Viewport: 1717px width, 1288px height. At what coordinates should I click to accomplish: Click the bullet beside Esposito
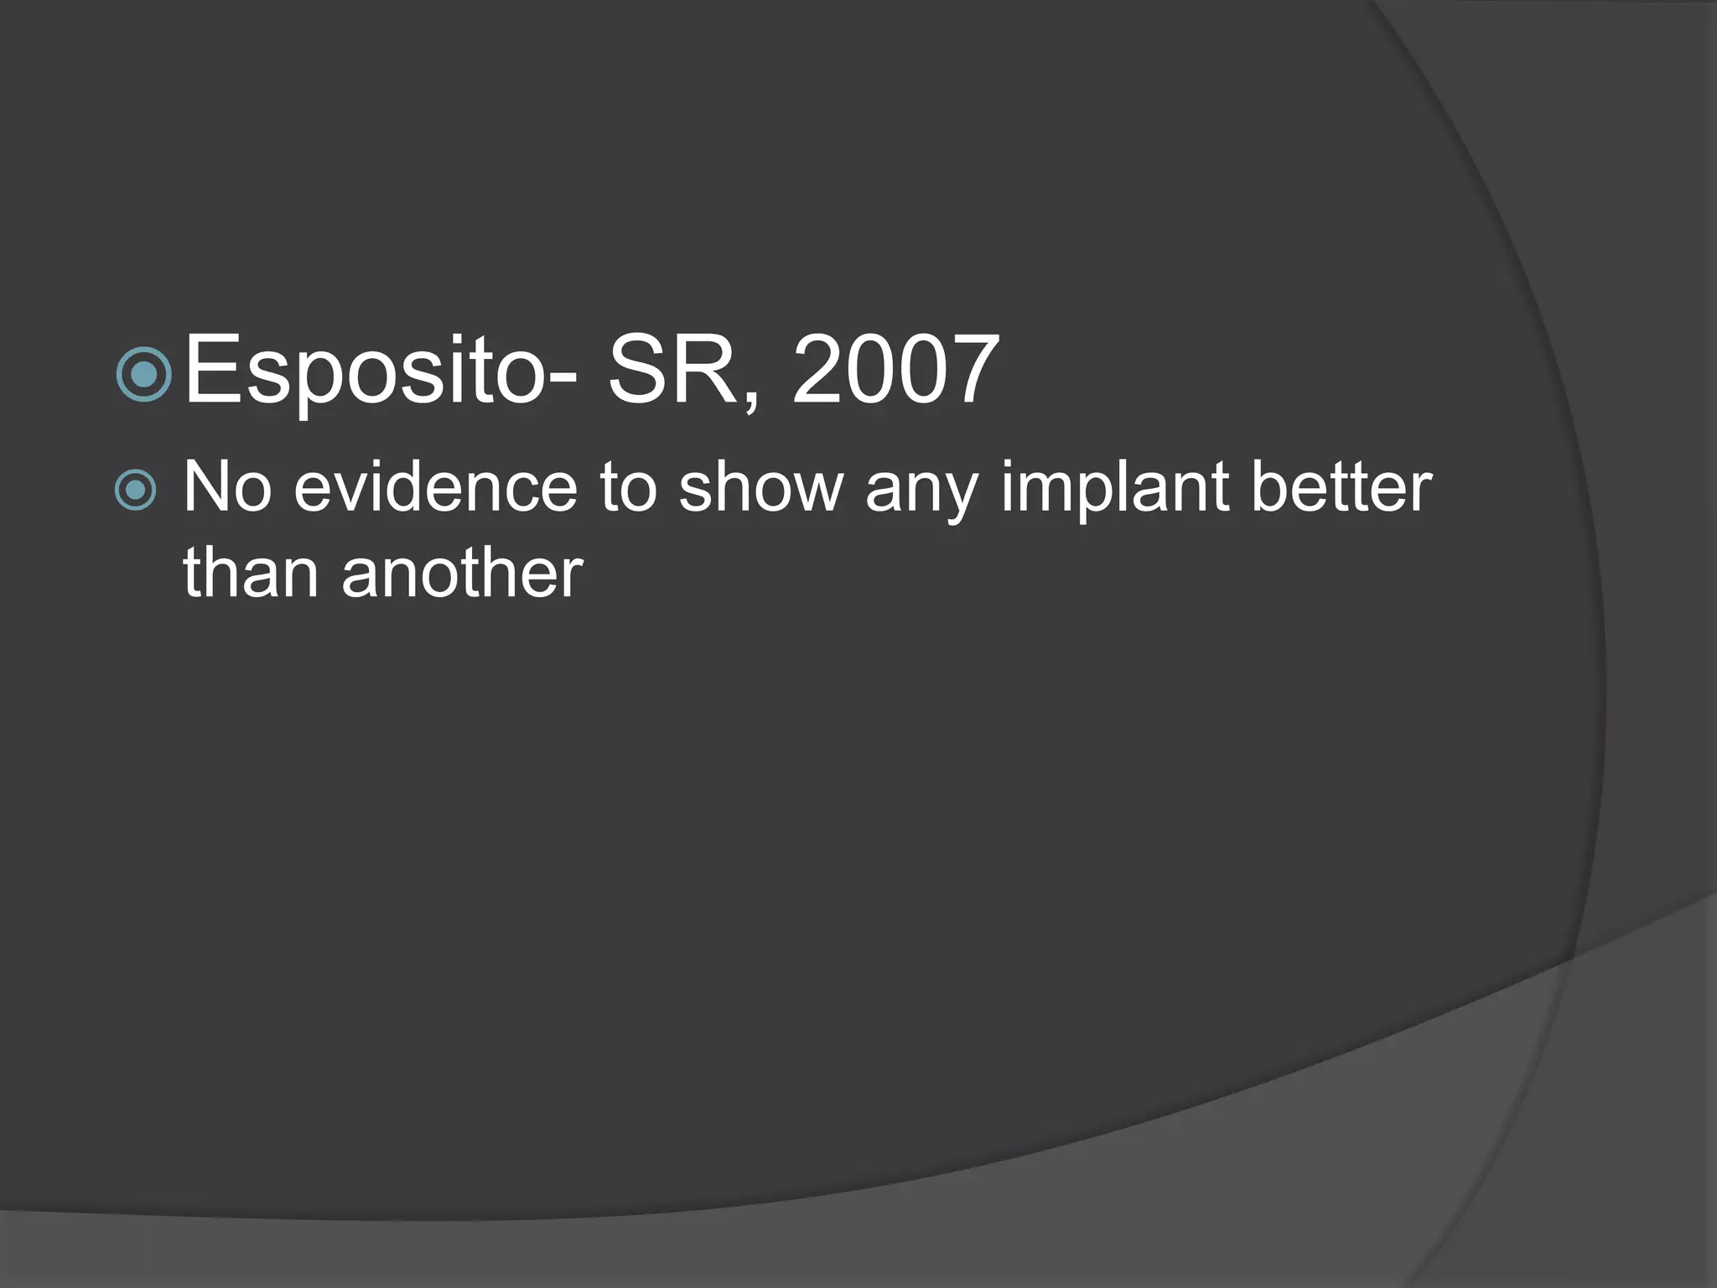click(144, 374)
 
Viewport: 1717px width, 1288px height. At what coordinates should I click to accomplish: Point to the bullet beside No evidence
click(135, 490)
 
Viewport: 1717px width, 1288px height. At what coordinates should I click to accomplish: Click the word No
click(226, 487)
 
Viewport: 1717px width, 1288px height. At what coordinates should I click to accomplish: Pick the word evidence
click(435, 487)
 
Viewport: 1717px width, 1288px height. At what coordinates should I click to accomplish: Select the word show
click(761, 487)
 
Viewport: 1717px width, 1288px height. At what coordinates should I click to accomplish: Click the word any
click(921, 495)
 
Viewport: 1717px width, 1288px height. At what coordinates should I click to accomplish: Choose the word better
click(1341, 487)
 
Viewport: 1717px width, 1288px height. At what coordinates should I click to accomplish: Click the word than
click(251, 574)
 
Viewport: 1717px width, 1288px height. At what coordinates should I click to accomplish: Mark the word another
click(462, 574)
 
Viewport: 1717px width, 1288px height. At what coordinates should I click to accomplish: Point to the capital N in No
click(206, 487)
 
